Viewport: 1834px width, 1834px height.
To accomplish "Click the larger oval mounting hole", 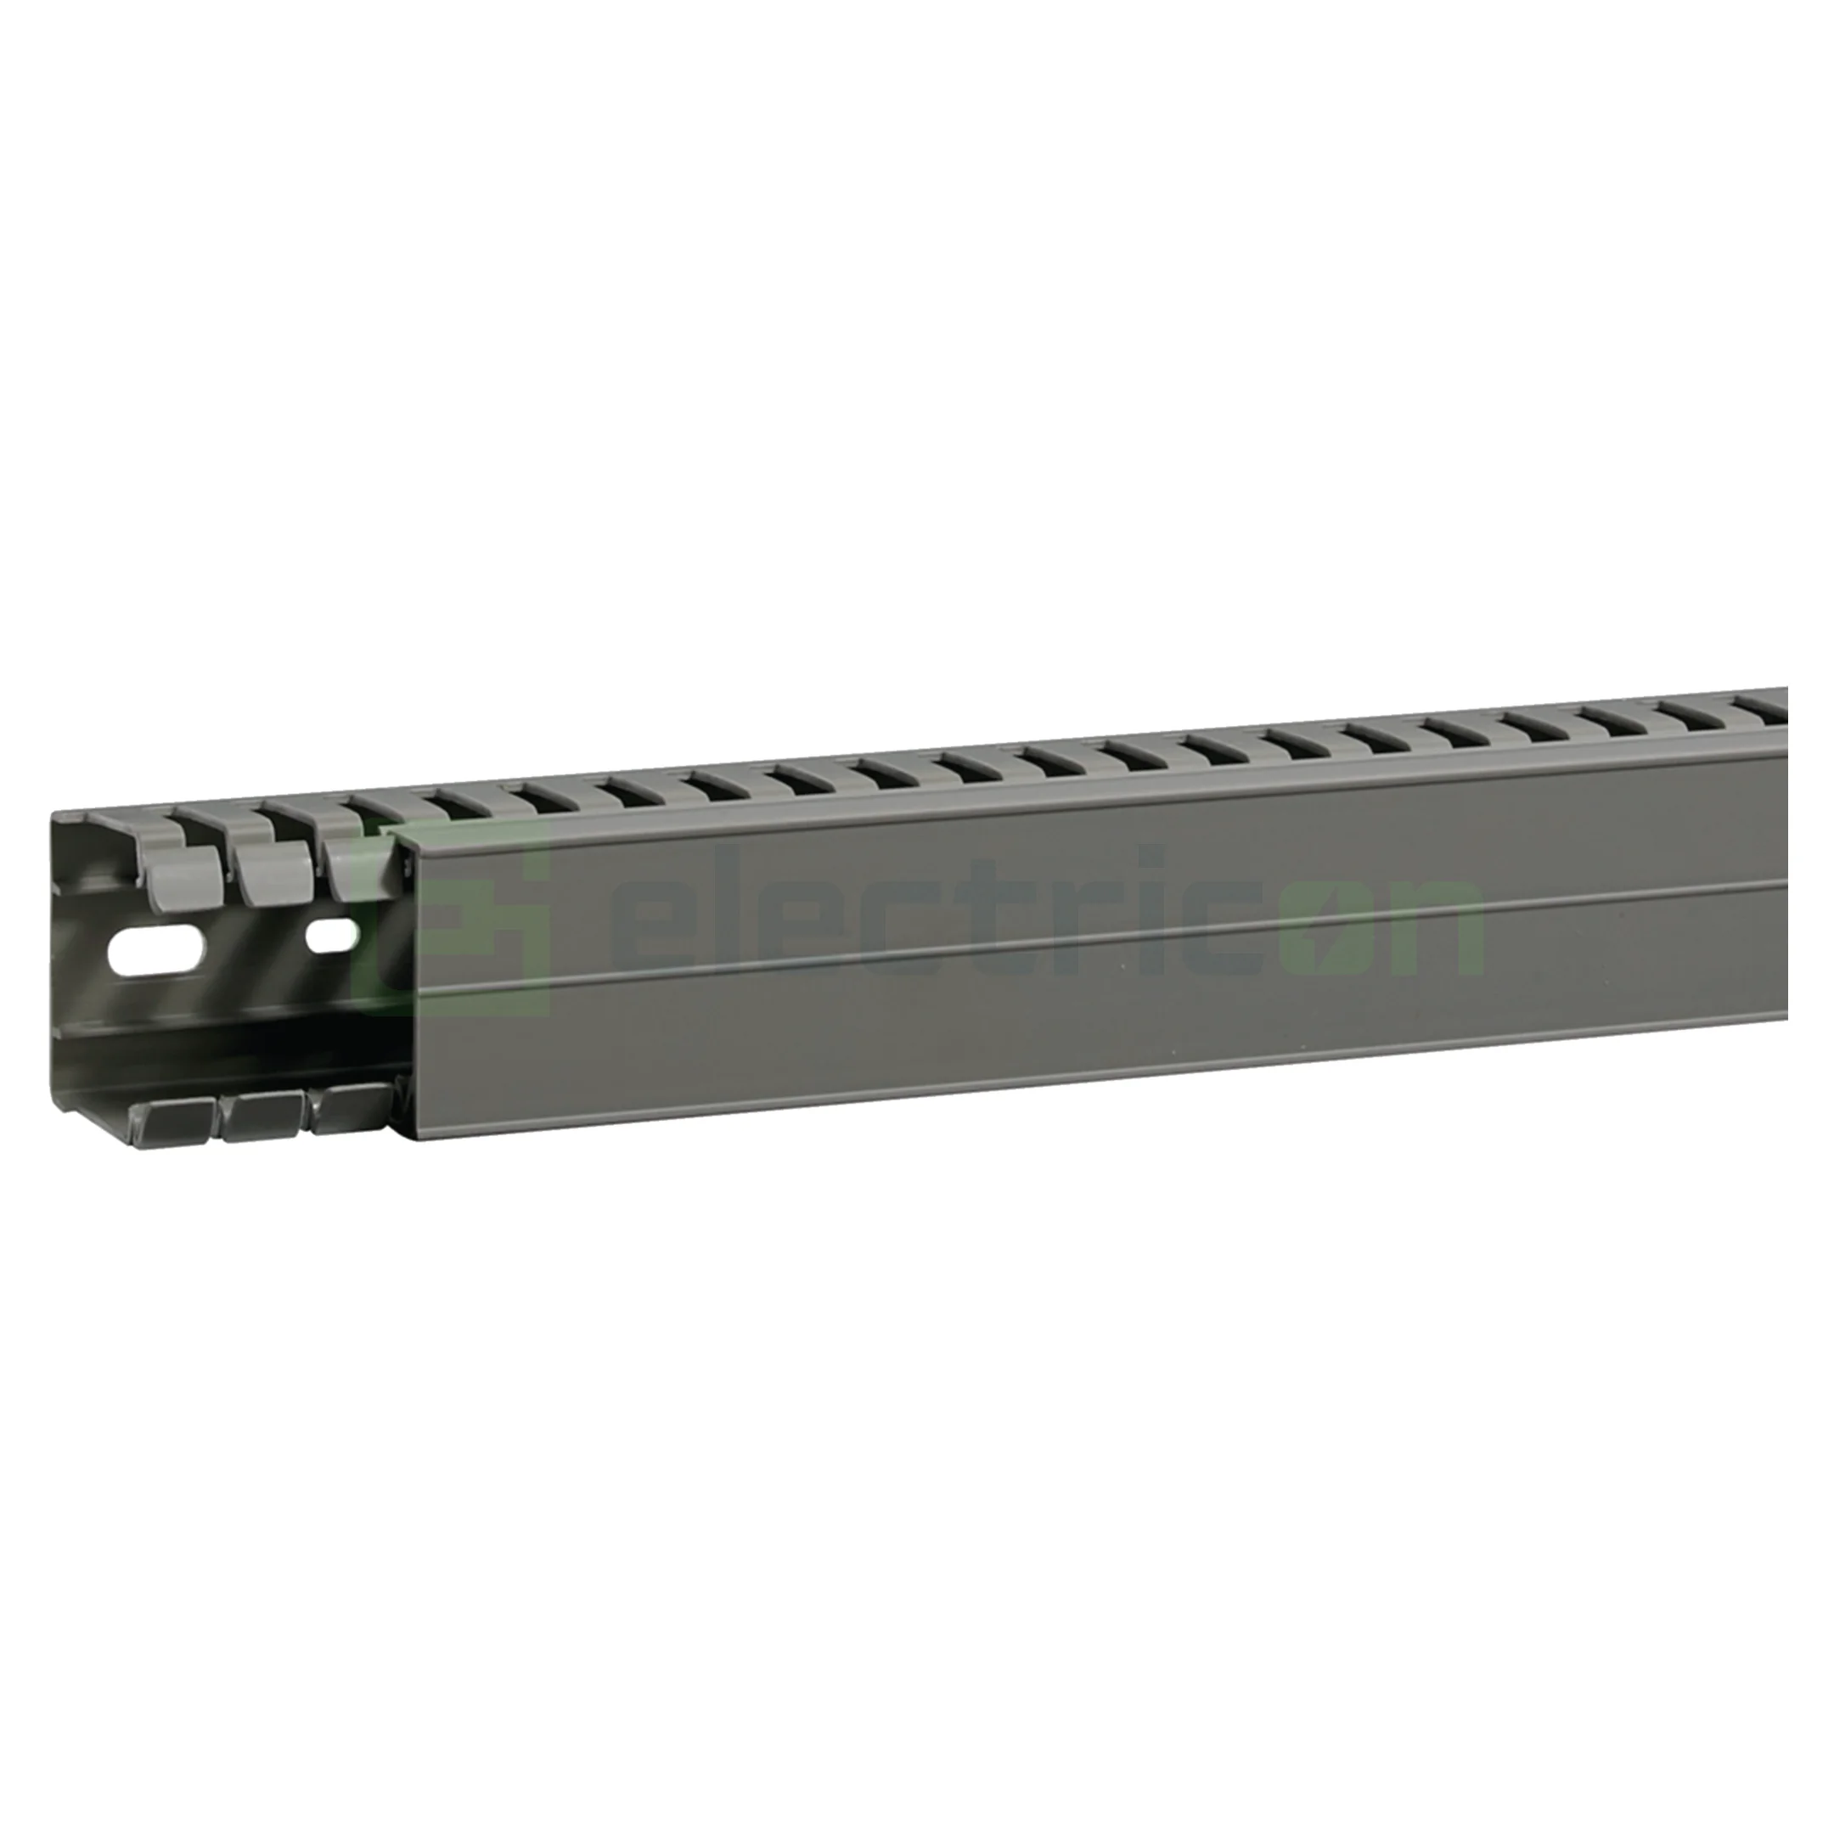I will (159, 948).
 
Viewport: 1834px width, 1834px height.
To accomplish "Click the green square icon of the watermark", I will (452, 918).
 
